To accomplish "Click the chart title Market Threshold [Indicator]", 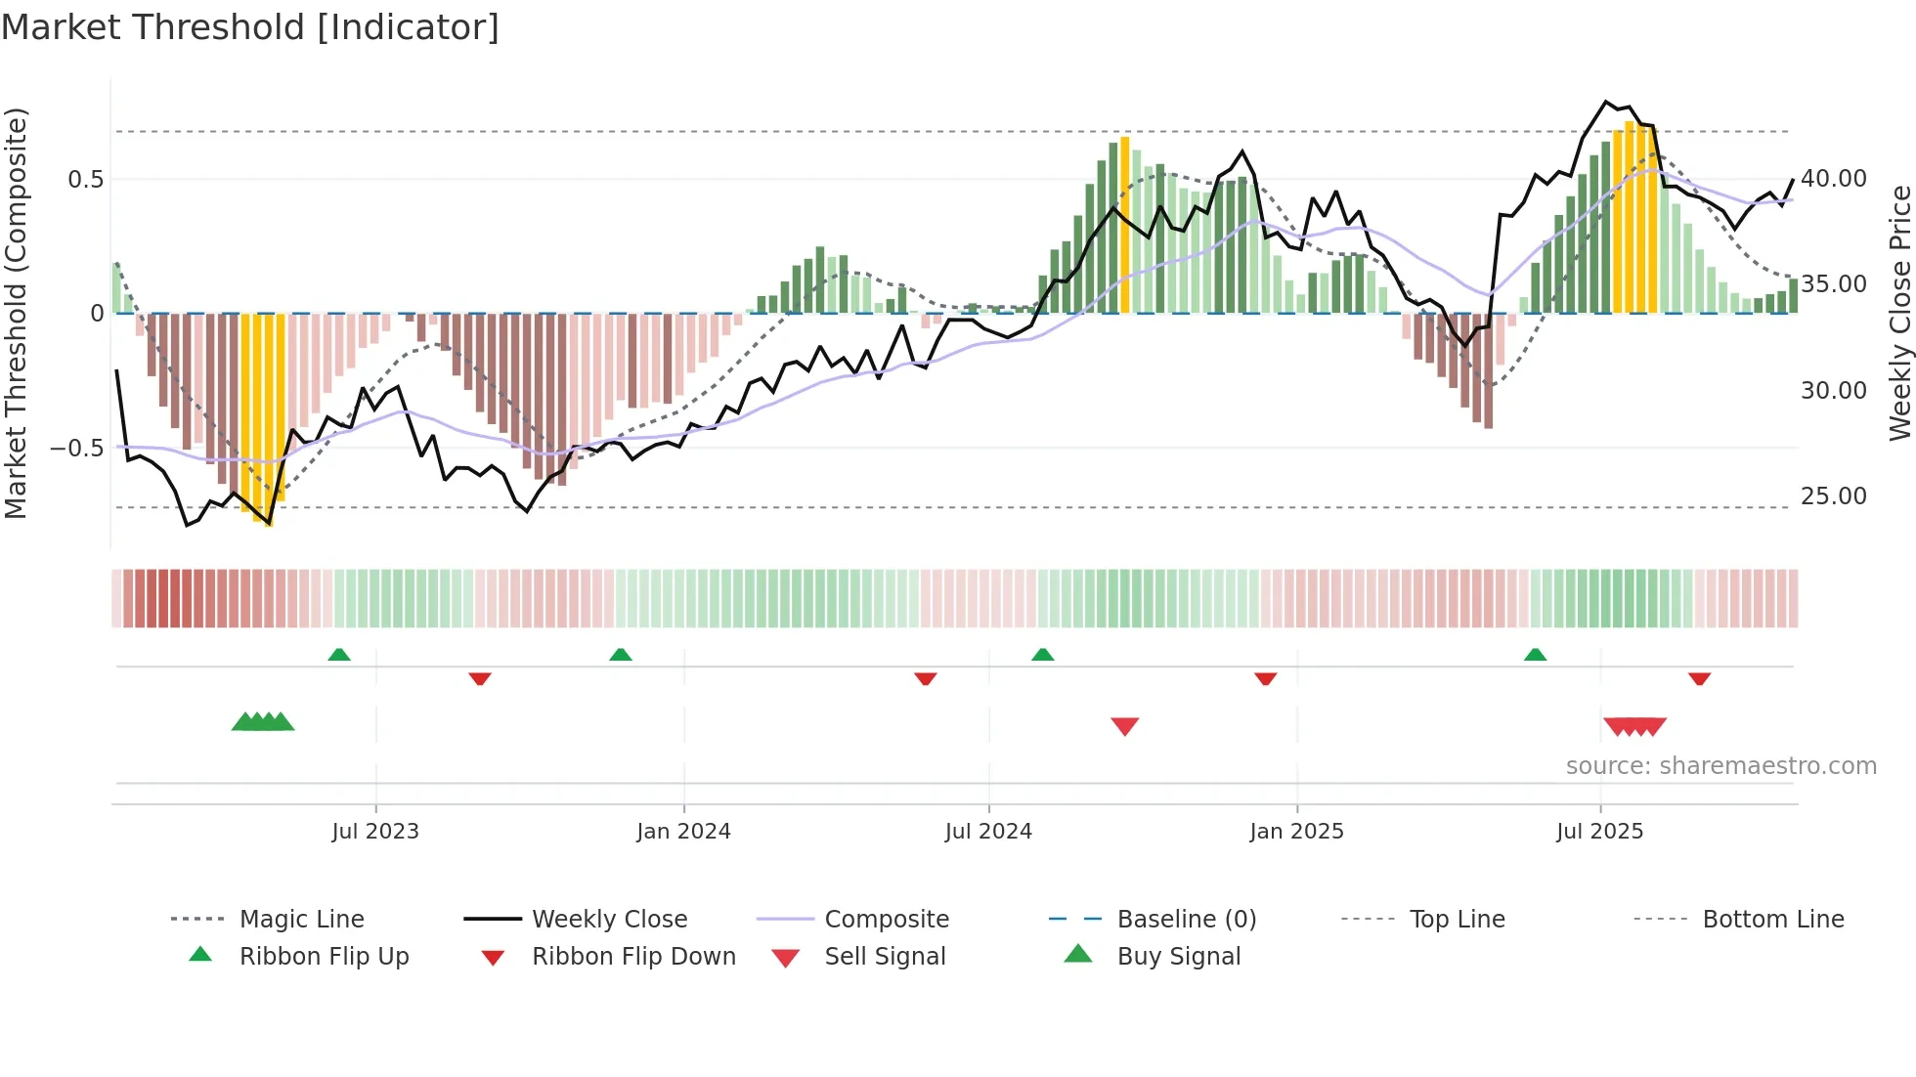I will click(250, 27).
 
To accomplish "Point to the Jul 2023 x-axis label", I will click(375, 832).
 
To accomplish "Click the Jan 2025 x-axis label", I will click(1296, 832).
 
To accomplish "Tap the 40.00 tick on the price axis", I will click(1834, 179).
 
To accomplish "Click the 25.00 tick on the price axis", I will click(1834, 496).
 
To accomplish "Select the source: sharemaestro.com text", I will click(1720, 766).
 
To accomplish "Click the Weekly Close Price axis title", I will click(1899, 313).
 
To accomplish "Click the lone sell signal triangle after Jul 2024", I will click(1125, 726).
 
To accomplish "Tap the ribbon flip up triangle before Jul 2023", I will click(339, 654).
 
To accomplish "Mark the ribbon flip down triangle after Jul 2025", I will click(1699, 678).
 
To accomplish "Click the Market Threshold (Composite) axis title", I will click(16, 313).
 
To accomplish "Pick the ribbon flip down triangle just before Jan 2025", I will click(1266, 678).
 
